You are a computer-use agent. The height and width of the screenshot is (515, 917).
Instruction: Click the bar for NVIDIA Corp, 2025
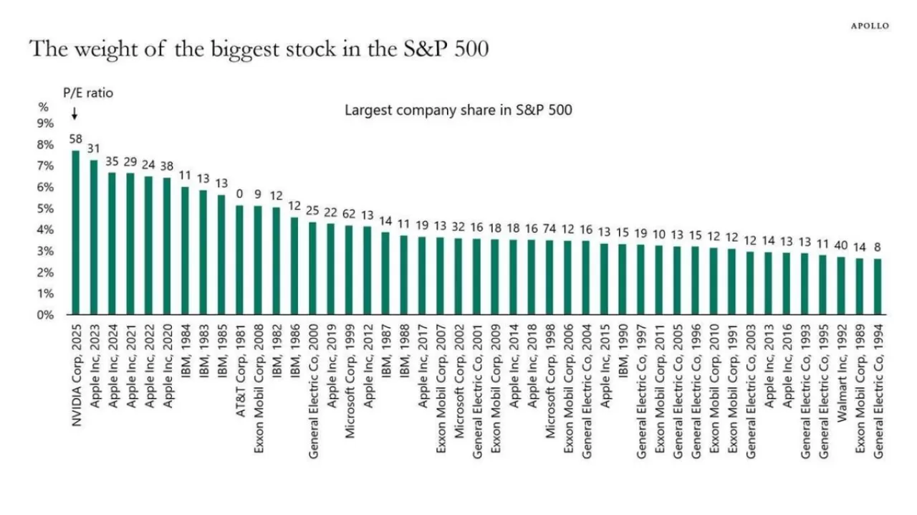coord(76,232)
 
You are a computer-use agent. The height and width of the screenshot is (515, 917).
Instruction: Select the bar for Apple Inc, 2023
coord(94,237)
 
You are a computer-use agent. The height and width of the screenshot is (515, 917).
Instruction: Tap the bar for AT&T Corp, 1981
coord(240,260)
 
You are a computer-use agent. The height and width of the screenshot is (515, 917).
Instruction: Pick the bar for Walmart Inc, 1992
coord(841,285)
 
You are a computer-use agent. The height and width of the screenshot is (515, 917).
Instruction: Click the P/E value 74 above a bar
coord(550,230)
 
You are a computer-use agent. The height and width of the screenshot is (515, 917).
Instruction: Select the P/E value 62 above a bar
coord(350,214)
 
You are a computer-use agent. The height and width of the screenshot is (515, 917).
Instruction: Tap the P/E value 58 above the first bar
coord(76,138)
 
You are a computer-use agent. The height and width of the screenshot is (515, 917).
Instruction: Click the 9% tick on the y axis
coord(46,123)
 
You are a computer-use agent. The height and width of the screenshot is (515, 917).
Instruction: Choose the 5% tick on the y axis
coord(46,209)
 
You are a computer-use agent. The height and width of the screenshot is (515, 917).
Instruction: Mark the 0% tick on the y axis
coord(46,315)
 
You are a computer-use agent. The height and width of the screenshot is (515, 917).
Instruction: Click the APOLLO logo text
coord(870,26)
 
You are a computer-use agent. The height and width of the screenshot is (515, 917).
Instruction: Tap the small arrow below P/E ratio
coord(74,114)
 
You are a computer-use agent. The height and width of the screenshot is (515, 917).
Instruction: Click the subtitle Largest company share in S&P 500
coord(458,110)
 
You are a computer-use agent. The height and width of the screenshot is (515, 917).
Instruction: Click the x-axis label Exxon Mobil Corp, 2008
coord(259,377)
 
